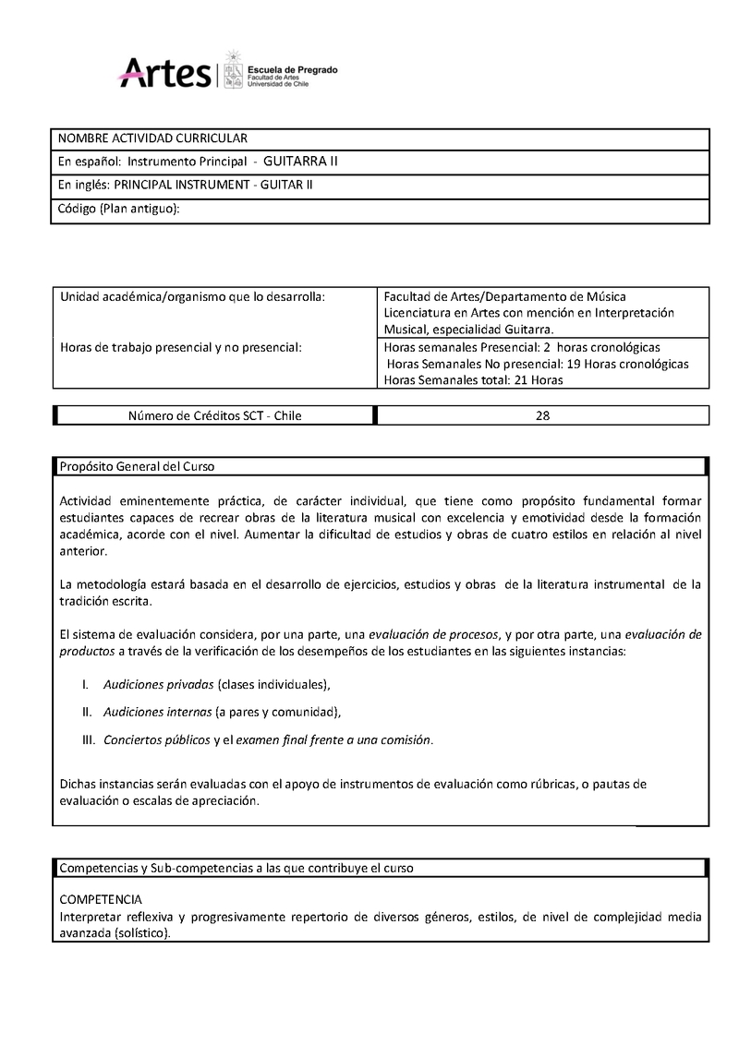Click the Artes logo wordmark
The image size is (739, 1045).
click(x=166, y=70)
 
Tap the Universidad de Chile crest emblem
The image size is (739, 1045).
click(x=233, y=67)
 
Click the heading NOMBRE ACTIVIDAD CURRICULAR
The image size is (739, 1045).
click(x=152, y=138)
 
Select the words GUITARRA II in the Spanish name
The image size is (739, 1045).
click(x=300, y=161)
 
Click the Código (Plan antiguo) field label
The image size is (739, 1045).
click(x=118, y=209)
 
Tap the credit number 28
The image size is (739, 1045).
click(x=542, y=415)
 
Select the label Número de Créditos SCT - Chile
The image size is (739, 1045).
click(x=214, y=415)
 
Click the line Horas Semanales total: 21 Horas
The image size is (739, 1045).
click(x=473, y=379)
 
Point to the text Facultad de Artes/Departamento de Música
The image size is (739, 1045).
click(x=504, y=296)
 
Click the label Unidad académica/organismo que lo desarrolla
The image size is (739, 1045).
click(x=192, y=296)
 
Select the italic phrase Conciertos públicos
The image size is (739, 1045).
click(x=157, y=739)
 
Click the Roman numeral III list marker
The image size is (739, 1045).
click(x=89, y=739)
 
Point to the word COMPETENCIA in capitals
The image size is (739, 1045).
click(x=100, y=898)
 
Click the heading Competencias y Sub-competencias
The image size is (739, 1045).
click(x=236, y=869)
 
